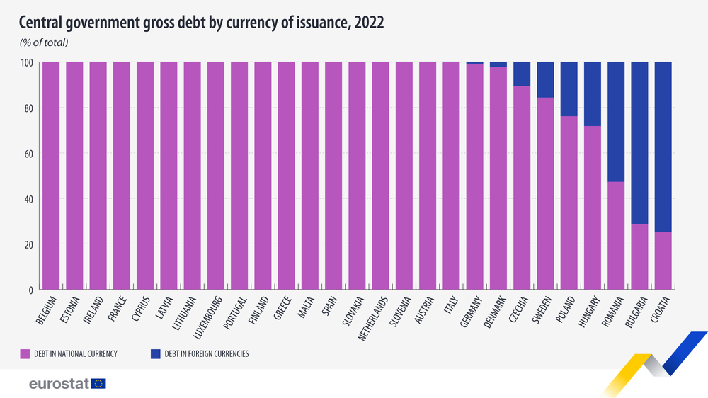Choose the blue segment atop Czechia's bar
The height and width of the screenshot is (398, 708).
click(x=522, y=74)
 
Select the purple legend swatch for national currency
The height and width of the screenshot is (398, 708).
click(x=24, y=353)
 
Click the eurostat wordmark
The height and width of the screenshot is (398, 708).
click(x=59, y=383)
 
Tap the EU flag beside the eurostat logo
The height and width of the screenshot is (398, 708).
click(x=98, y=383)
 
